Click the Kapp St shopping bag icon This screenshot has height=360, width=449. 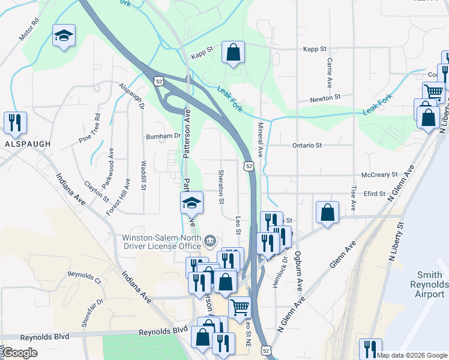coord(233,52)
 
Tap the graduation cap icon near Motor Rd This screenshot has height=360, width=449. coord(64,35)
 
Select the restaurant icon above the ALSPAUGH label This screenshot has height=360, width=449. coord(13,122)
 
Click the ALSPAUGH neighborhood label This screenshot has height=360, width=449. coord(24,145)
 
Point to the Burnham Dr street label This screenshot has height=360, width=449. coord(163,137)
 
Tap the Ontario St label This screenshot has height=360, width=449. coord(307,145)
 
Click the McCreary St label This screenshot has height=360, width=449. coord(380,175)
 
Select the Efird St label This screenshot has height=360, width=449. coord(374,194)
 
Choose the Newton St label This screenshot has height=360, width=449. coord(325,97)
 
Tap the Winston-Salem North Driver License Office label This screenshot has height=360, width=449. coord(161,241)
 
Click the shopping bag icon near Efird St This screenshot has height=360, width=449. coord(327,213)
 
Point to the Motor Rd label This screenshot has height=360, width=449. coord(29,29)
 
